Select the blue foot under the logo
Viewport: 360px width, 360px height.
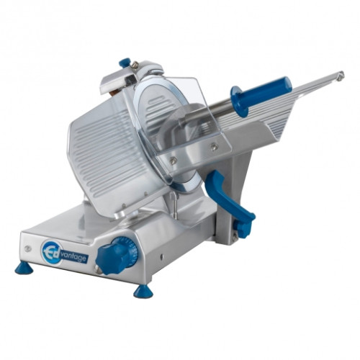(24, 269)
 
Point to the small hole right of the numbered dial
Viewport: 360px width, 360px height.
(161, 257)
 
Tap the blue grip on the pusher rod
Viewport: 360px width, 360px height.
(261, 96)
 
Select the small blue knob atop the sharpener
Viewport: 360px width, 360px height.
(125, 63)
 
